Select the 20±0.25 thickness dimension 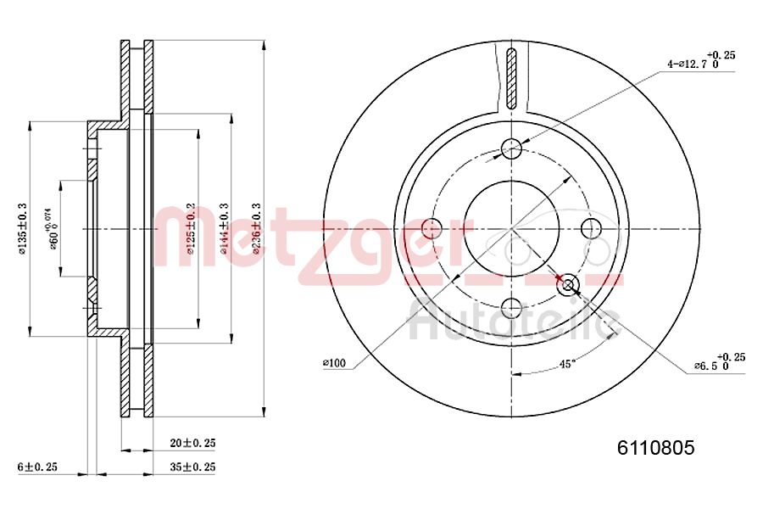pyautogui.click(x=192, y=443)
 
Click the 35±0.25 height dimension pyautogui.click(x=192, y=467)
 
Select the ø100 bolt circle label pyautogui.click(x=334, y=363)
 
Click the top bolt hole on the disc pyautogui.click(x=511, y=149)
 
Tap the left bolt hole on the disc pyautogui.click(x=432, y=228)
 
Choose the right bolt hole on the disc pyautogui.click(x=590, y=228)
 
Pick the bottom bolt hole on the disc pyautogui.click(x=511, y=307)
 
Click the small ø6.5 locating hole pyautogui.click(x=568, y=285)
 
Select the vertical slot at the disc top pyautogui.click(x=510, y=78)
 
